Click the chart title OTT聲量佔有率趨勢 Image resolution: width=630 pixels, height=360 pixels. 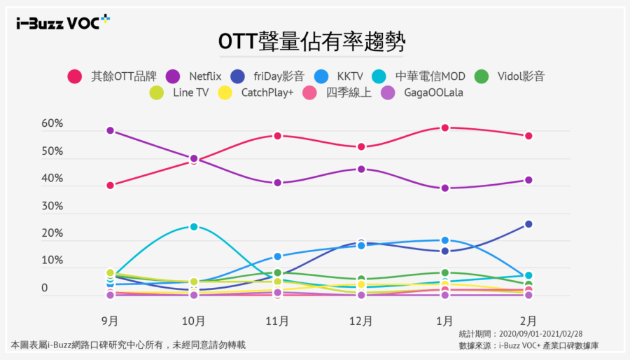tap(312, 41)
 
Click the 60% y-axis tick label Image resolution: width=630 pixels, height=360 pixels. tap(52, 124)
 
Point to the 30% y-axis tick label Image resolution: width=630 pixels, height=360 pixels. tap(52, 207)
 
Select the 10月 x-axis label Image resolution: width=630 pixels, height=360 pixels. tap(194, 321)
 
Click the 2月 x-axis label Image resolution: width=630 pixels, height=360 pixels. tap(528, 321)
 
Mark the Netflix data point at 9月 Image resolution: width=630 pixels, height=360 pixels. tap(110, 131)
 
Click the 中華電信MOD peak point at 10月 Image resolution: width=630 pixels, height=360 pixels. tap(194, 227)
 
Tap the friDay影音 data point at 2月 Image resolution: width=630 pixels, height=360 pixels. tap(528, 224)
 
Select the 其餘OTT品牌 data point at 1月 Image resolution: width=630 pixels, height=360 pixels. tap(444, 128)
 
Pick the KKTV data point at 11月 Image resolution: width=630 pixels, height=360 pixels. tap(277, 256)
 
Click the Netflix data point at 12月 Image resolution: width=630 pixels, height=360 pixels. tap(361, 169)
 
